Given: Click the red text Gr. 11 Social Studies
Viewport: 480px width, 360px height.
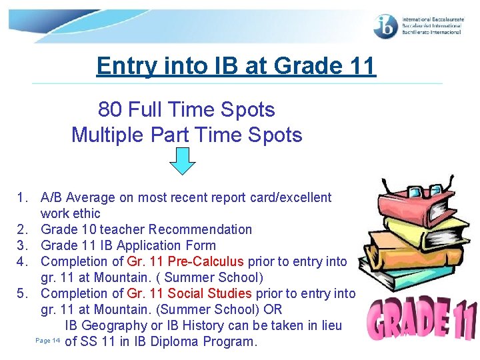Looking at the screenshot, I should click(189, 293).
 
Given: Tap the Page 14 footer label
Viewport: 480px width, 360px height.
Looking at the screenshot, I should click(47, 341).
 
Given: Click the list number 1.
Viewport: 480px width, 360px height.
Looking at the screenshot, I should click(22, 197).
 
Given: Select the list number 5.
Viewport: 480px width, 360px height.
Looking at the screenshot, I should click(22, 293).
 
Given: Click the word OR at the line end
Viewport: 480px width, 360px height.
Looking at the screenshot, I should click(273, 309).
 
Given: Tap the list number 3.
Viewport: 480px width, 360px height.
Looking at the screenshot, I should click(22, 245).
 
